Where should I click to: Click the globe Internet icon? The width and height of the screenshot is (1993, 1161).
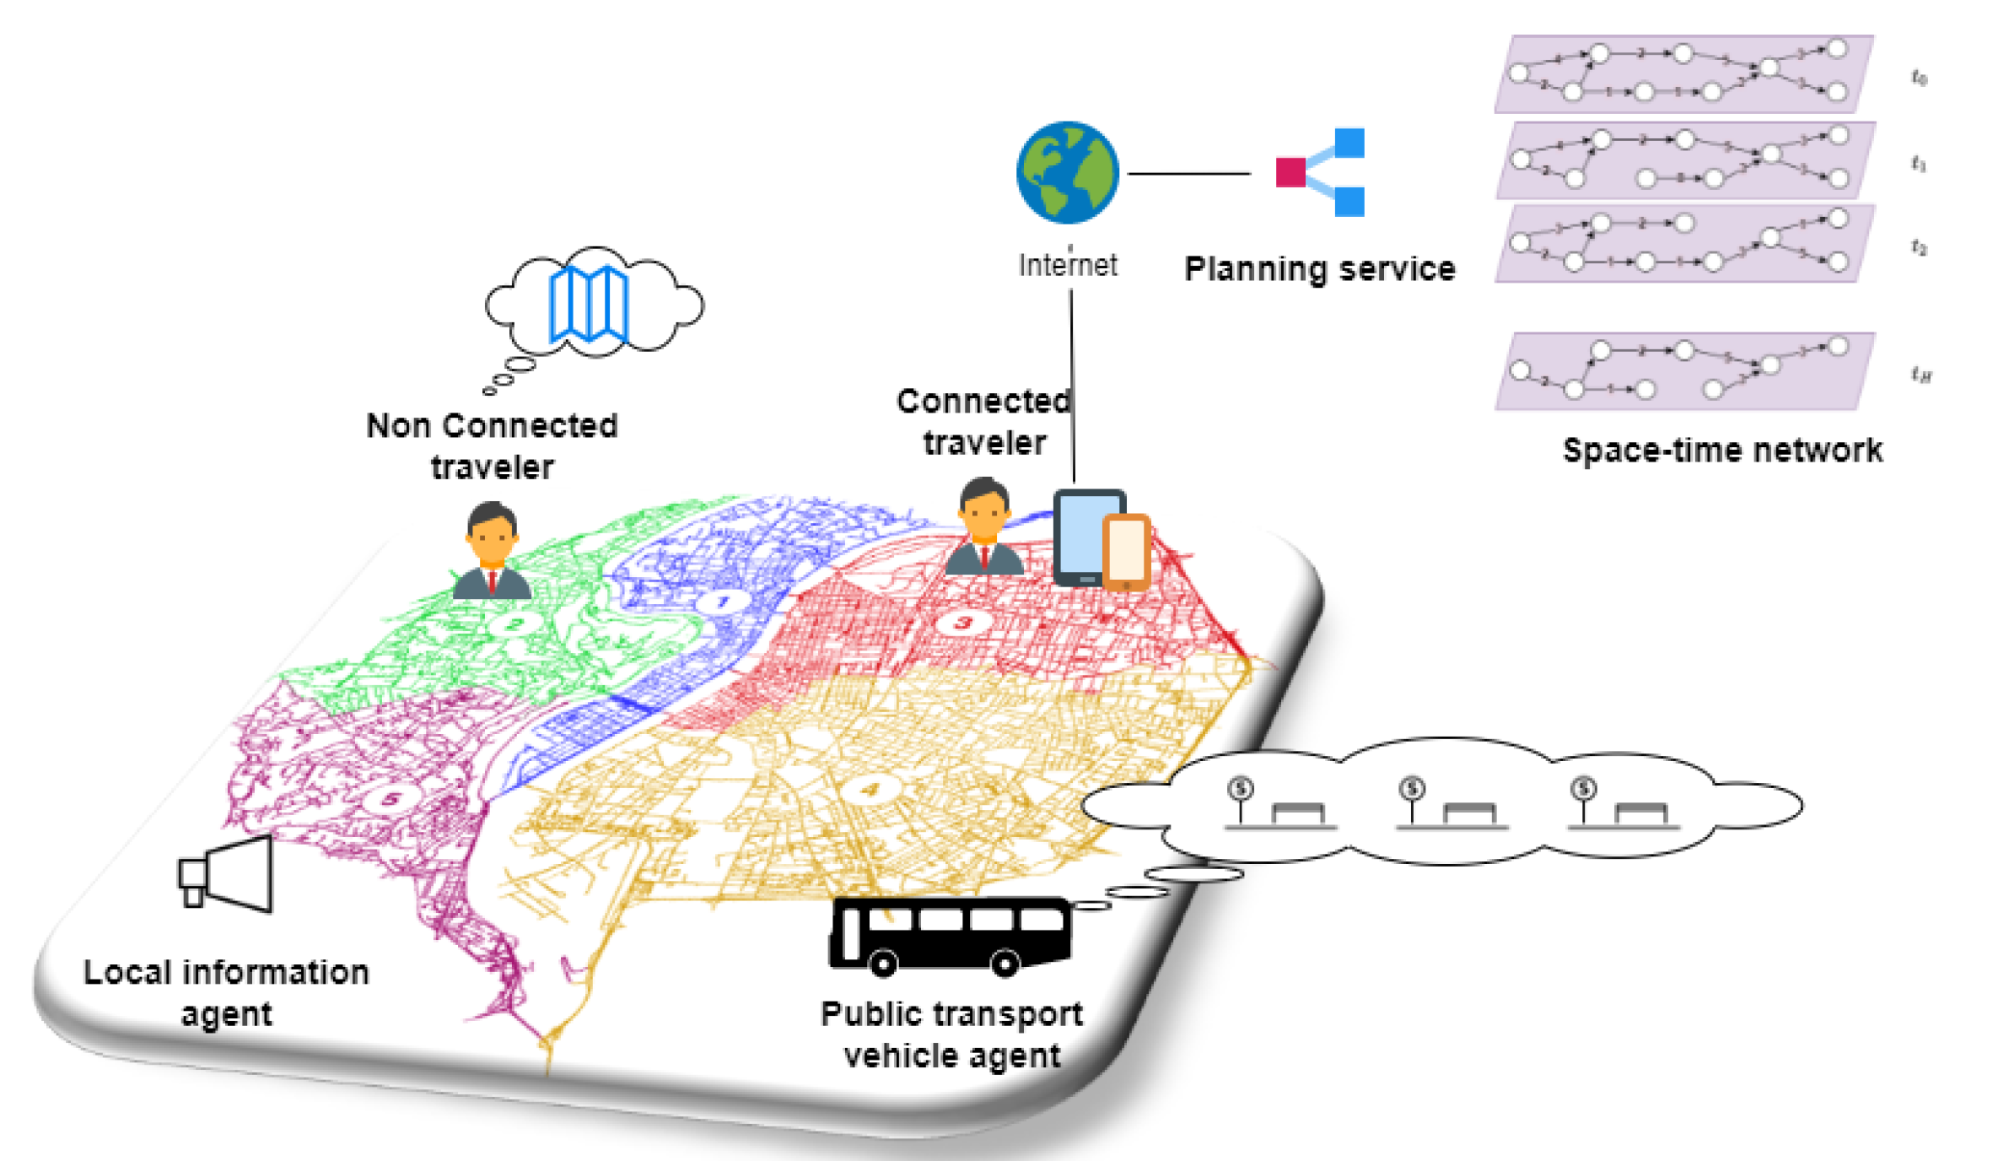tap(1067, 173)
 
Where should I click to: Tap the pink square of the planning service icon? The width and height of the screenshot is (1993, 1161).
tap(1290, 172)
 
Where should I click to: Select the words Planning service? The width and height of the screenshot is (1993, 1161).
tap(1319, 269)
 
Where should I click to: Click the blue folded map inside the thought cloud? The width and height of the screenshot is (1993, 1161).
tap(589, 304)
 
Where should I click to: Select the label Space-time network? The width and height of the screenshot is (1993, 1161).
tap(1721, 451)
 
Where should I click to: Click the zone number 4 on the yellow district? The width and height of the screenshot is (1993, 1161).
tap(869, 790)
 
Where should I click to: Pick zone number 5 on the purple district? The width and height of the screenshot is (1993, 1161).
tap(391, 798)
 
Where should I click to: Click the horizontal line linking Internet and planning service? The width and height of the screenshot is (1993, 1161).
tap(1188, 174)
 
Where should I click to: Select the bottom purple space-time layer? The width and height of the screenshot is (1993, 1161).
tap(1684, 371)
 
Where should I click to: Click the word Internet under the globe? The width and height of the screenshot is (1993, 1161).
tap(1067, 265)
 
